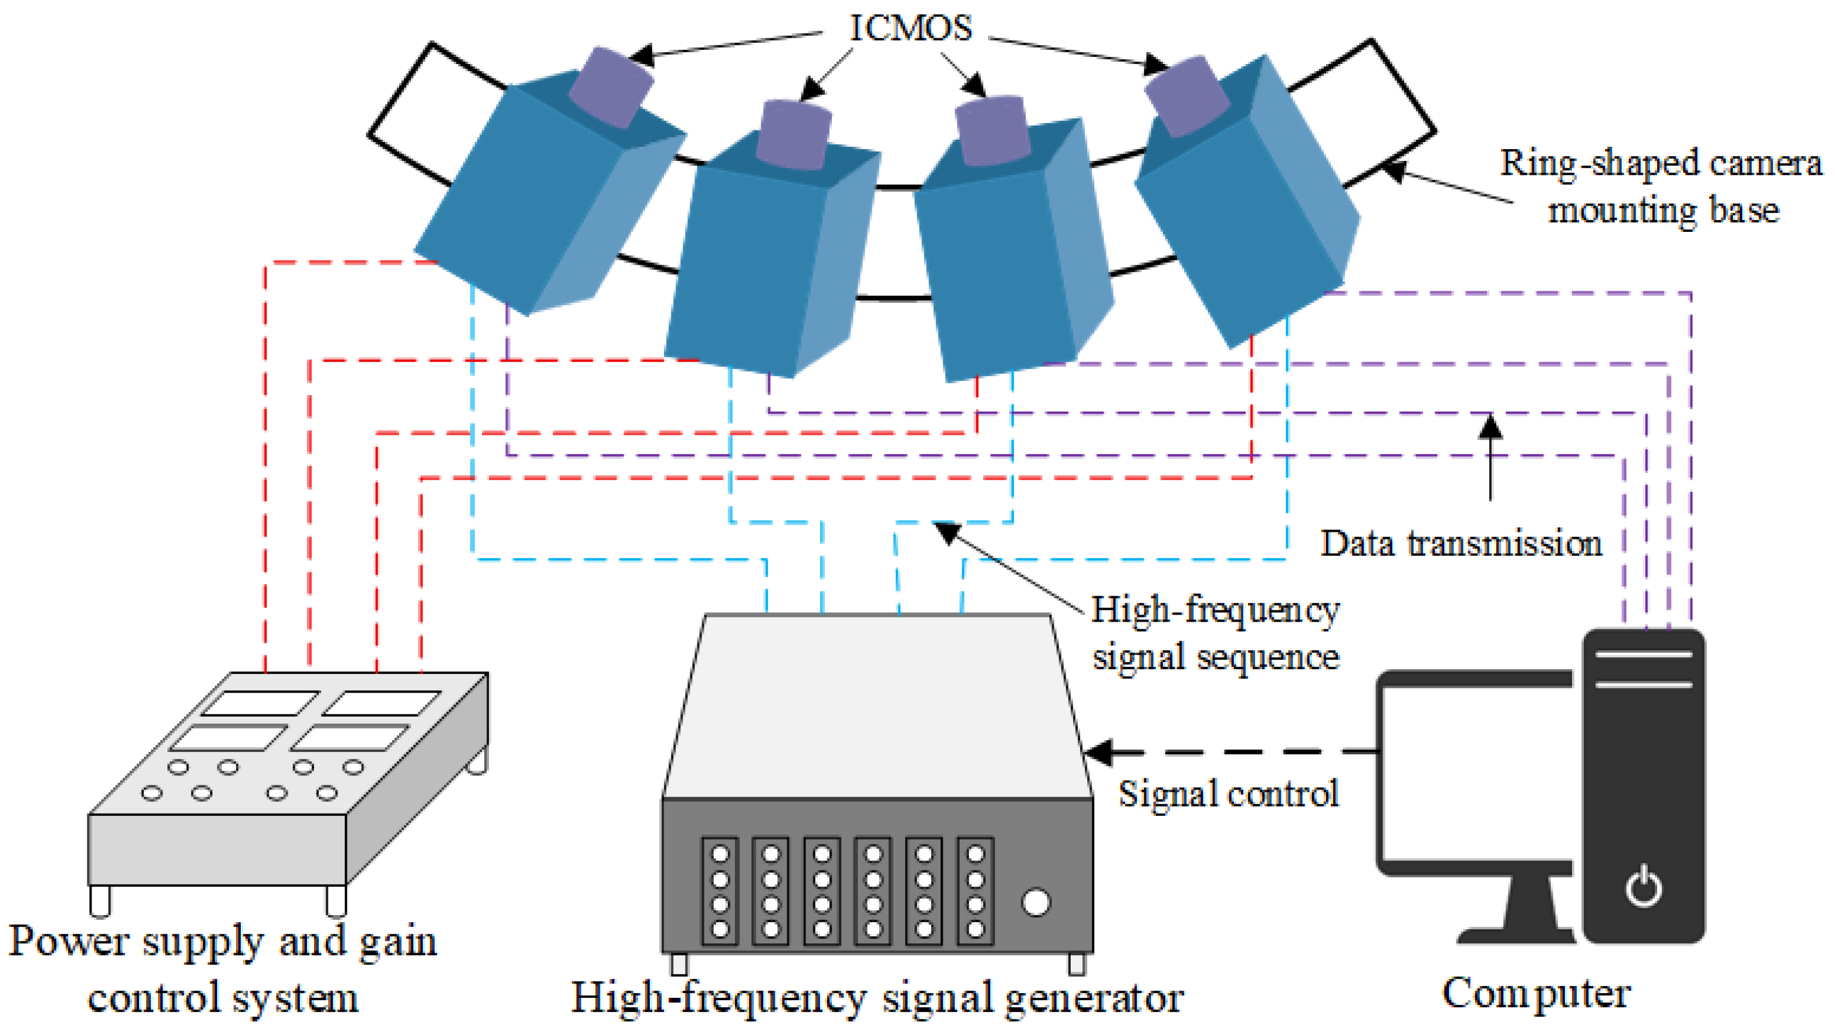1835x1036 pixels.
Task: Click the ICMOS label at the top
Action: [x=910, y=29]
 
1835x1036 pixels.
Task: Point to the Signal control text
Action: [x=1228, y=794]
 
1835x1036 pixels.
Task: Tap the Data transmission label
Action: [x=1461, y=544]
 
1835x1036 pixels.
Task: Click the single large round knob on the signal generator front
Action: [x=1035, y=902]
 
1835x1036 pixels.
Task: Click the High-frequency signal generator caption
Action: [x=877, y=997]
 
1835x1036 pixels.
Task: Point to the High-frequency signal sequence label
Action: [x=1215, y=633]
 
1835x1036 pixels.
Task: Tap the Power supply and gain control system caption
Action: [x=222, y=969]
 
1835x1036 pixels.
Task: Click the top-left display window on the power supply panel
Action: [x=260, y=703]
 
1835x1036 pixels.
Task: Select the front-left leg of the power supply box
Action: [x=100, y=900]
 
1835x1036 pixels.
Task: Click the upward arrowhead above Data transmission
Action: [x=1490, y=426]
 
